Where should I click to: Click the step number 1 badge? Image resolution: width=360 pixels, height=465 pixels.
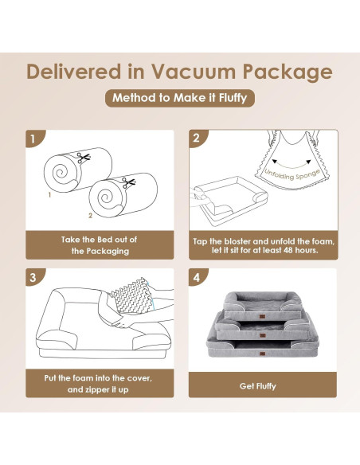point(33,139)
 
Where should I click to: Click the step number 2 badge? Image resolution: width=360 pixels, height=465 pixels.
point(197,139)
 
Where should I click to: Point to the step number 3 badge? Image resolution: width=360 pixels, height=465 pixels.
point(33,278)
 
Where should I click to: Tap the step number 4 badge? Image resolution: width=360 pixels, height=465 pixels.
point(197,278)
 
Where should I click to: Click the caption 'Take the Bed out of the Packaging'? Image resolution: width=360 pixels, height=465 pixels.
point(100,244)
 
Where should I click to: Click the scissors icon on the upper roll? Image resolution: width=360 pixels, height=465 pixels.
point(85,158)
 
